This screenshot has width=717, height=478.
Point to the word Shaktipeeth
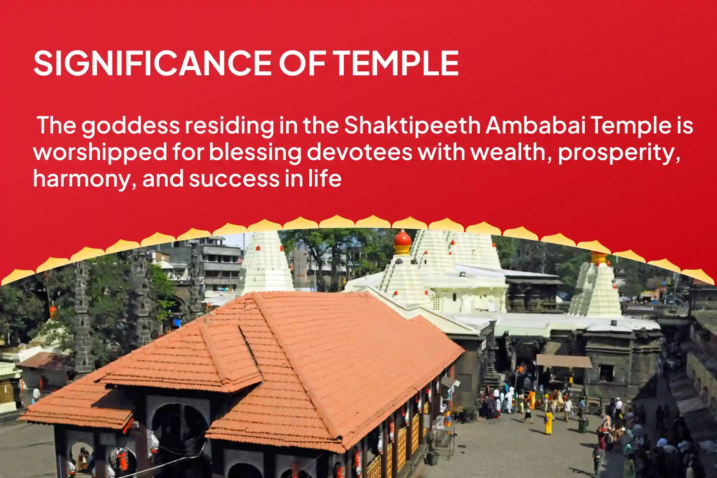(412, 126)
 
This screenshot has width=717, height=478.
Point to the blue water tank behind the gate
(177, 322)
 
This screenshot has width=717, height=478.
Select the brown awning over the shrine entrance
(564, 361)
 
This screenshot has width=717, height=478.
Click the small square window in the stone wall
(606, 372)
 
